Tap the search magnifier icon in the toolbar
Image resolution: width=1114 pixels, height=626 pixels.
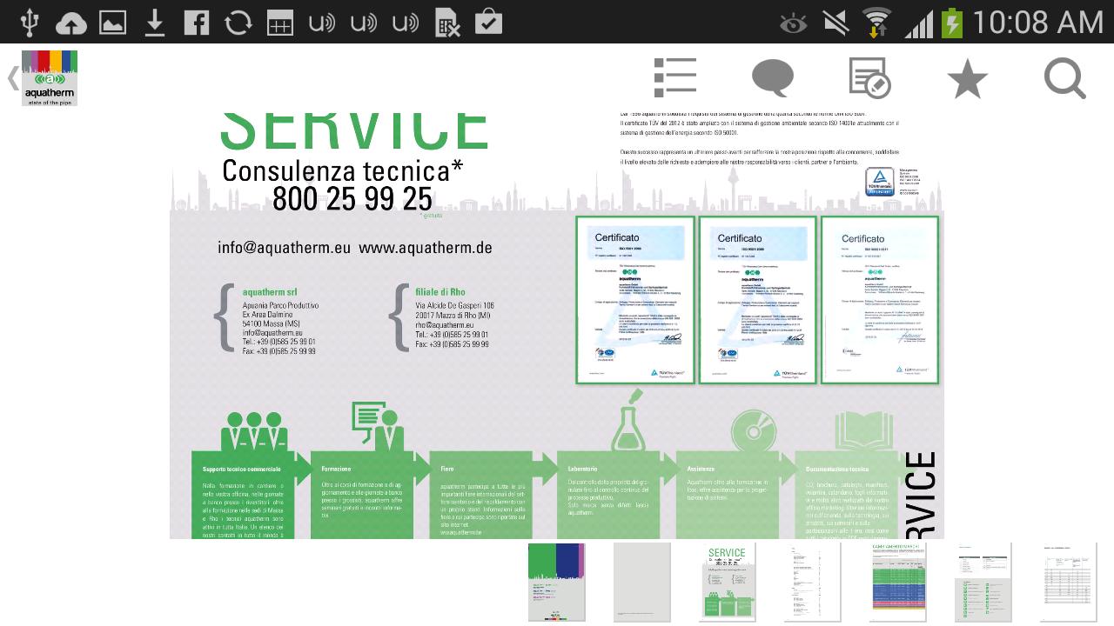point(1064,79)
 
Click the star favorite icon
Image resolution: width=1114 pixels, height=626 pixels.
point(967,80)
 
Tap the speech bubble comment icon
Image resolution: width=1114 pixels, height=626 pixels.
point(772,78)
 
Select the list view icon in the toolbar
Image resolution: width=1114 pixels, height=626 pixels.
point(675,77)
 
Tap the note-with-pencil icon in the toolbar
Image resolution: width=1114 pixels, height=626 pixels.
point(869,78)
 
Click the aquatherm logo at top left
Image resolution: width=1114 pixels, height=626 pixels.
point(50,78)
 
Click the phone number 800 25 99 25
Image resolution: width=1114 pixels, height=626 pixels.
point(352,199)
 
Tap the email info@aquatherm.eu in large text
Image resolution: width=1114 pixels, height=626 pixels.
point(284,248)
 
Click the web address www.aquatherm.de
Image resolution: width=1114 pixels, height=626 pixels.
point(425,248)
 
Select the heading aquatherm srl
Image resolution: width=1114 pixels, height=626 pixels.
point(270,292)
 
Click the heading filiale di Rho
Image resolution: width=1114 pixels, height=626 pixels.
point(440,292)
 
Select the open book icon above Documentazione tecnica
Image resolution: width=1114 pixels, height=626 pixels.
point(863,430)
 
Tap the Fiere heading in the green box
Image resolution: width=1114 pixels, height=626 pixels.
point(447,469)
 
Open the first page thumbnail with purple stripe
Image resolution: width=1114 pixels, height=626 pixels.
point(556,583)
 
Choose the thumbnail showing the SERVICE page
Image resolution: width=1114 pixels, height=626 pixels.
point(727,583)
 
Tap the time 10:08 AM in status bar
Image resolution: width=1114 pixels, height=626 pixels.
point(1037,22)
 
